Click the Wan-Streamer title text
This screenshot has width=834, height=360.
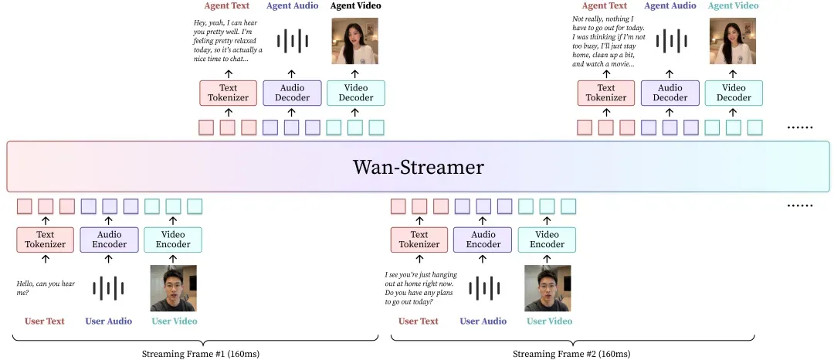[418, 167]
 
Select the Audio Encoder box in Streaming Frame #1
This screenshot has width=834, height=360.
[109, 239]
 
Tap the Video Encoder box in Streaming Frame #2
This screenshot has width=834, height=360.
[547, 239]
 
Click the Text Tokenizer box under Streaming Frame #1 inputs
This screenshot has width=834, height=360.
[46, 239]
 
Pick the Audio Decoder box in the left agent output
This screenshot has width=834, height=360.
[292, 93]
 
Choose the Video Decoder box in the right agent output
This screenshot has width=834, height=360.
[734, 93]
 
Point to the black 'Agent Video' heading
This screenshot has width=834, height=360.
[355, 6]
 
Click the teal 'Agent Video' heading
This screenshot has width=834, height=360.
[734, 6]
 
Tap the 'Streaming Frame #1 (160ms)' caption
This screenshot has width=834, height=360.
[201, 354]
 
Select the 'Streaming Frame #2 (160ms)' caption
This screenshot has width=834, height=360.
[571, 354]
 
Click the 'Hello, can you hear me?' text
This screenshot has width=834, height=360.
[46, 287]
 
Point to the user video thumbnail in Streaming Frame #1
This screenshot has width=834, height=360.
[174, 288]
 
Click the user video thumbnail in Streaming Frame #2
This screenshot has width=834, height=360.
[548, 288]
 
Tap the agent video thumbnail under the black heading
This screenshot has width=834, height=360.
[354, 41]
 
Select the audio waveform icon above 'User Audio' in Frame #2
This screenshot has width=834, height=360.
[483, 288]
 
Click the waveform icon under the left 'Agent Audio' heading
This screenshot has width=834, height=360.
[292, 41]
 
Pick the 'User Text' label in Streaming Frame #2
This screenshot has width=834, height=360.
[419, 321]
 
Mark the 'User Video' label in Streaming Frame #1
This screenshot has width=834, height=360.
[175, 321]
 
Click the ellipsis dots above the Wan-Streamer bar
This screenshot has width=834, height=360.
[800, 127]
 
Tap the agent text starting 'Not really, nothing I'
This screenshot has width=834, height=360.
[609, 42]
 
